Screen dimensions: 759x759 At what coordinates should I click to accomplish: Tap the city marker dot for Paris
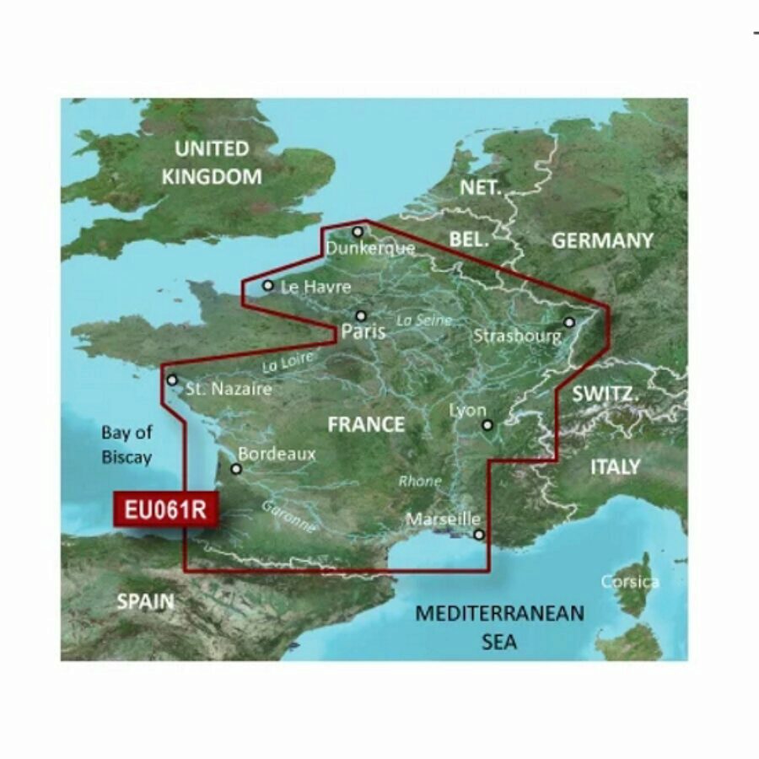(x=361, y=316)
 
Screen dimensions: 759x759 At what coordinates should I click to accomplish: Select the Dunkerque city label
(x=370, y=248)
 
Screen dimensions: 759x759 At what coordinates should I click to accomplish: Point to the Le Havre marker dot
(x=268, y=285)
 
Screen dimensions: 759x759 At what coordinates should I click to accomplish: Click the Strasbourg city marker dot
(x=569, y=321)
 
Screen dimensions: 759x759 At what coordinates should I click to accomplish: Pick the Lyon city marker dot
(x=487, y=425)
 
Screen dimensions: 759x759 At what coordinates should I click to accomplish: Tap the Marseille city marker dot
(x=478, y=535)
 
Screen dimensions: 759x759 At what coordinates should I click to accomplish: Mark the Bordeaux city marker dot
(x=236, y=469)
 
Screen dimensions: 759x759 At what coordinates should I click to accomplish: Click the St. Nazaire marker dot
(x=173, y=380)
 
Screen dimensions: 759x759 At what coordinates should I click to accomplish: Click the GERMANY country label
(x=602, y=240)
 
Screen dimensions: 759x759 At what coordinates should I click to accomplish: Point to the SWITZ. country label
(x=605, y=393)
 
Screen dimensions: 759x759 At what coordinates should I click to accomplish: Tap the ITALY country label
(x=615, y=466)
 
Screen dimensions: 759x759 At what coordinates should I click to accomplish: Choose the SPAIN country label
(x=145, y=601)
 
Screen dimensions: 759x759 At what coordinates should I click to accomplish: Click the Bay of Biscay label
(x=126, y=445)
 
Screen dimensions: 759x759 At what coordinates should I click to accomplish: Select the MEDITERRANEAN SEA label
(x=499, y=627)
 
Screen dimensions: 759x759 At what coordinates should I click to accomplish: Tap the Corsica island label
(x=630, y=582)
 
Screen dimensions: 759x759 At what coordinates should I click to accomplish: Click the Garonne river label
(x=288, y=516)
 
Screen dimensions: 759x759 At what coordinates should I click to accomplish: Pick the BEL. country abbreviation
(x=469, y=240)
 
